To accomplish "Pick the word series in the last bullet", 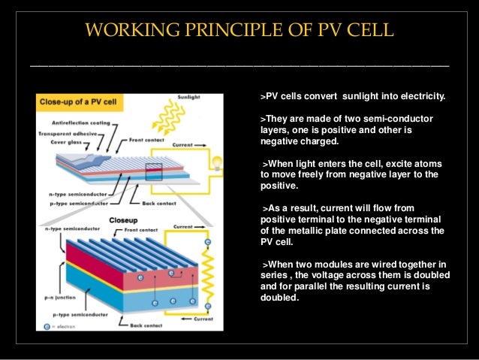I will [273, 274].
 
